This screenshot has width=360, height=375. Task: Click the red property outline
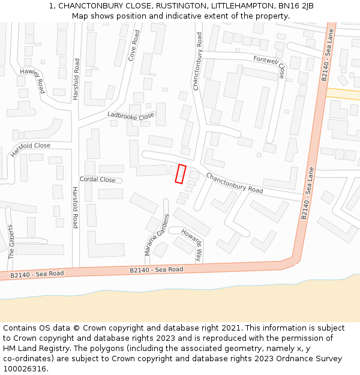(x=181, y=173)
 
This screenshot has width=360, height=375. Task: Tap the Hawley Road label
(x=32, y=80)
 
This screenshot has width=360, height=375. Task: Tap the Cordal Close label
(x=97, y=179)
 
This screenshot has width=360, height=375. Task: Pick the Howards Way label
(x=191, y=245)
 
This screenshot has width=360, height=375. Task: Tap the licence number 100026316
(x=25, y=369)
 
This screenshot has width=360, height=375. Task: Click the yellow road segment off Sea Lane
(x=343, y=94)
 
